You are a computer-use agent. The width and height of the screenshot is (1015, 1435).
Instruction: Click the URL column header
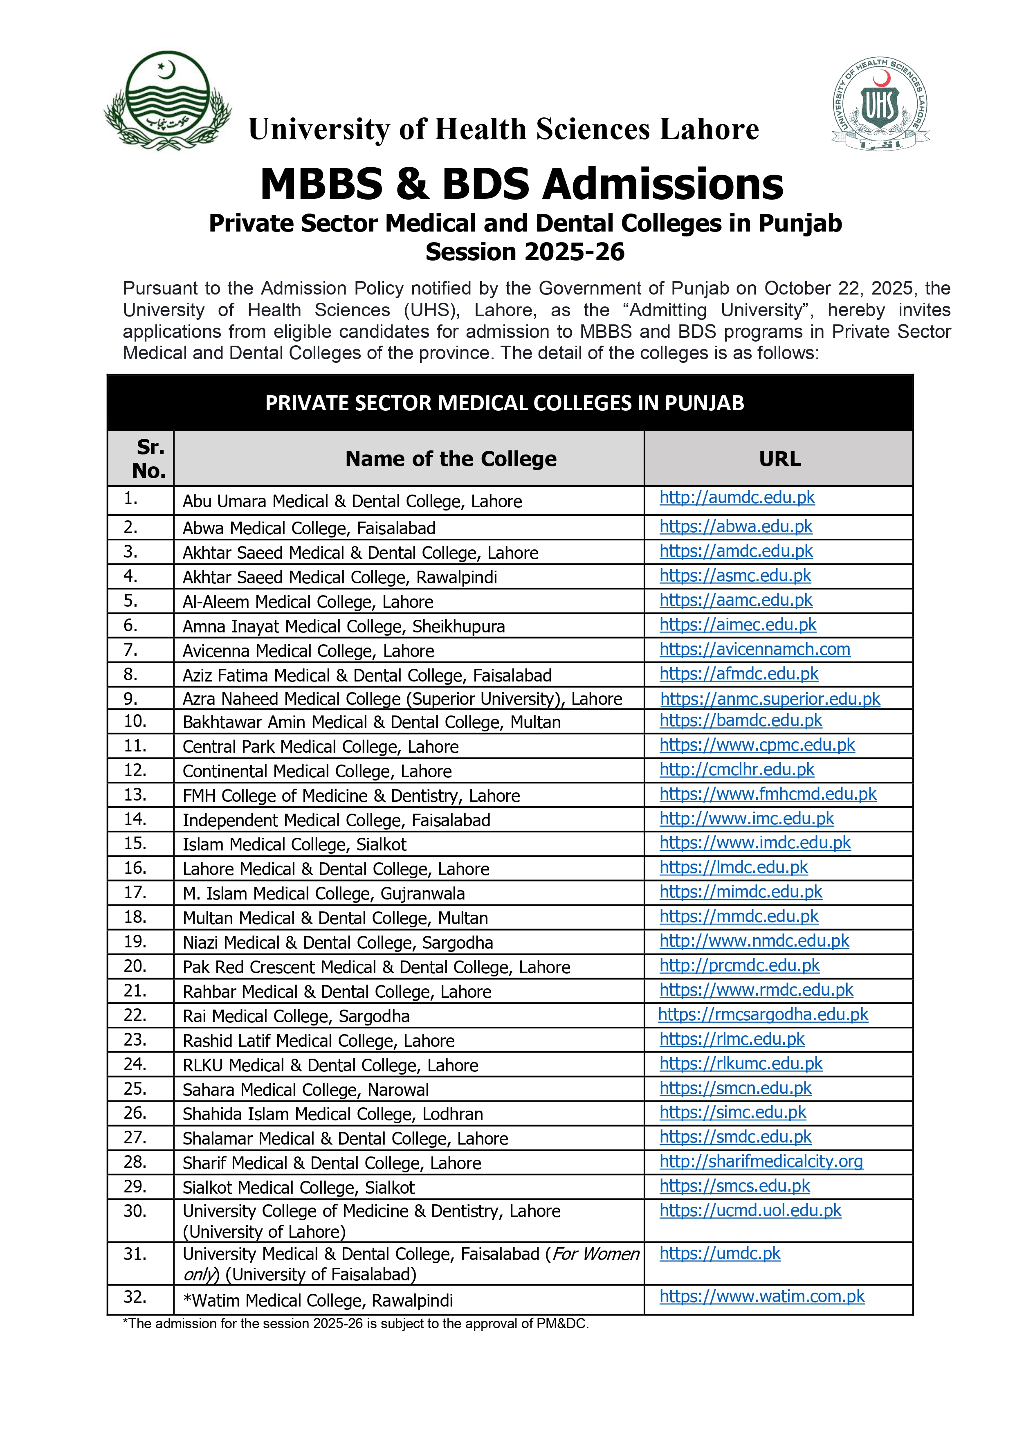(779, 459)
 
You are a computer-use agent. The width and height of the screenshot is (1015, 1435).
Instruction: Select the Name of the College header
(451, 459)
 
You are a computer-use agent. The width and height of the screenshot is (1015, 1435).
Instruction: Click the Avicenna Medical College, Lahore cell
(308, 651)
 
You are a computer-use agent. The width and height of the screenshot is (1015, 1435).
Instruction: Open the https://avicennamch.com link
(755, 649)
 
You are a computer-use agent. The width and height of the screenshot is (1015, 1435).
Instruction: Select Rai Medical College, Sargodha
(296, 1016)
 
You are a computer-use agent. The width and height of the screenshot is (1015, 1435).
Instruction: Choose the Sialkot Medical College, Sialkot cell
(298, 1188)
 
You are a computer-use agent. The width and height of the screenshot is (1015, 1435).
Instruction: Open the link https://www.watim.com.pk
(762, 1296)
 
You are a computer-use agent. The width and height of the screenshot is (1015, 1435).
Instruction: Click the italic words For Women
(595, 1254)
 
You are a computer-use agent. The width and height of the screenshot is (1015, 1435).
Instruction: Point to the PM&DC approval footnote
(356, 1324)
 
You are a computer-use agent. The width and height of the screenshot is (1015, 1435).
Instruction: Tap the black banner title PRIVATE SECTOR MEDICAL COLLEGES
(504, 403)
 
